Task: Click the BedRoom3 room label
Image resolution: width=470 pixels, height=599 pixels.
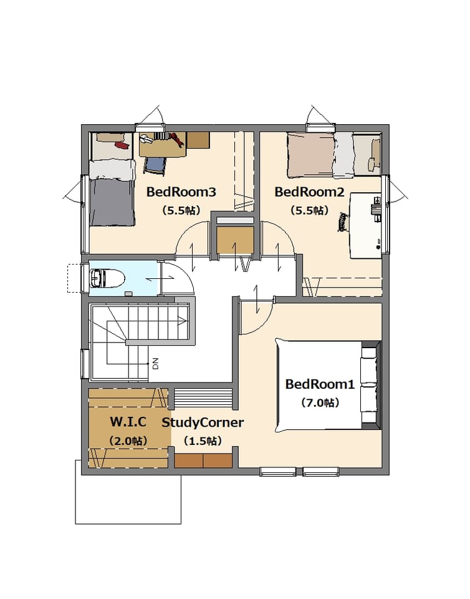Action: [x=181, y=192]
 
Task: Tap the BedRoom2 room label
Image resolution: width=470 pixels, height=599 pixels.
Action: [x=309, y=192]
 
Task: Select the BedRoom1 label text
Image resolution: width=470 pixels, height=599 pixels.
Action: [x=320, y=384]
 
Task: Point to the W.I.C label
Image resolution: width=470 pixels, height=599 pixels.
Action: [x=128, y=422]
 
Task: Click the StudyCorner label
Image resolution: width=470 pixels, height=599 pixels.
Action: [x=203, y=422]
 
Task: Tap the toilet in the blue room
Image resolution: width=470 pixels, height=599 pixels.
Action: [x=108, y=278]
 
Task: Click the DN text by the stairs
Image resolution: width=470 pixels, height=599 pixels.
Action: [x=155, y=363]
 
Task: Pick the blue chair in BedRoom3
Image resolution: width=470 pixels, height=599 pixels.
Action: [x=155, y=166]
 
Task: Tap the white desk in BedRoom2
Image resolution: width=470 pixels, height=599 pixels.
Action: [x=366, y=226]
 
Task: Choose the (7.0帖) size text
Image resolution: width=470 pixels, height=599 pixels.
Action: [x=320, y=402]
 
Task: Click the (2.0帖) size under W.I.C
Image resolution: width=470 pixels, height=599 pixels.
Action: [x=128, y=441]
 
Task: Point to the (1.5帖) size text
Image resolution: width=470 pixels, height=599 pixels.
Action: [x=203, y=441]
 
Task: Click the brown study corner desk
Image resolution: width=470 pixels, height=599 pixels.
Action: [x=203, y=460]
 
